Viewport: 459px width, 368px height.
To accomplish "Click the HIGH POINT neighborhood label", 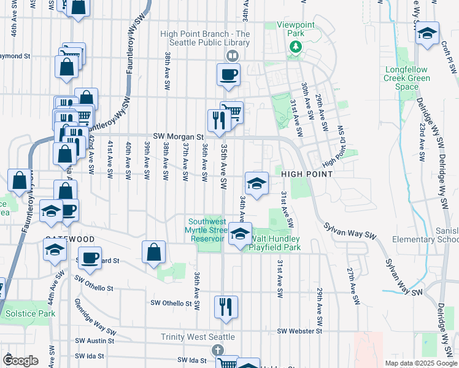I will pyautogui.click(x=307, y=175).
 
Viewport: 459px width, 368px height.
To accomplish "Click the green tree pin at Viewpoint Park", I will pyautogui.click(x=295, y=47).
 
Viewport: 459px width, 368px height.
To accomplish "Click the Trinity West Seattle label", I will pyautogui.click(x=198, y=337).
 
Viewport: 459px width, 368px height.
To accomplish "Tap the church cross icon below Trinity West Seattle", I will pyautogui.click(x=216, y=350).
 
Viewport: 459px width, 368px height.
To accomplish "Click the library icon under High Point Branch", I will pyautogui.click(x=232, y=56).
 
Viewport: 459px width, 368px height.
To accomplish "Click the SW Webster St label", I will pyautogui.click(x=299, y=331).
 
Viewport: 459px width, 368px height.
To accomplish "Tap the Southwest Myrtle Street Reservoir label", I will pyautogui.click(x=210, y=230).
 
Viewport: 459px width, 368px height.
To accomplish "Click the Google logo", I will pyautogui.click(x=20, y=361).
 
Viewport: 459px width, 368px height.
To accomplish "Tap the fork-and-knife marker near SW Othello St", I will pyautogui.click(x=226, y=307).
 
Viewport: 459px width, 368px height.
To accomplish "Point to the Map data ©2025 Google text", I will pyautogui.click(x=422, y=363).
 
